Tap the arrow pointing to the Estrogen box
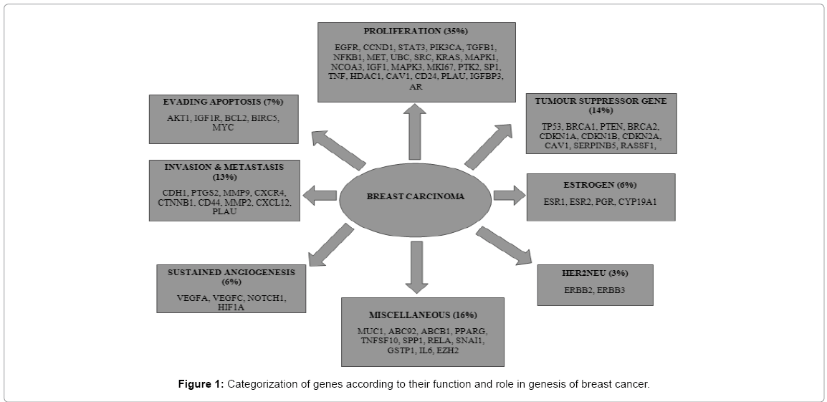[509, 195]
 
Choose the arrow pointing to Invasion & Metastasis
[320, 195]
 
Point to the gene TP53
[553, 126]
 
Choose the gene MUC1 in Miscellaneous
[371, 330]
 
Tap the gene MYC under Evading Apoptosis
[224, 128]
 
